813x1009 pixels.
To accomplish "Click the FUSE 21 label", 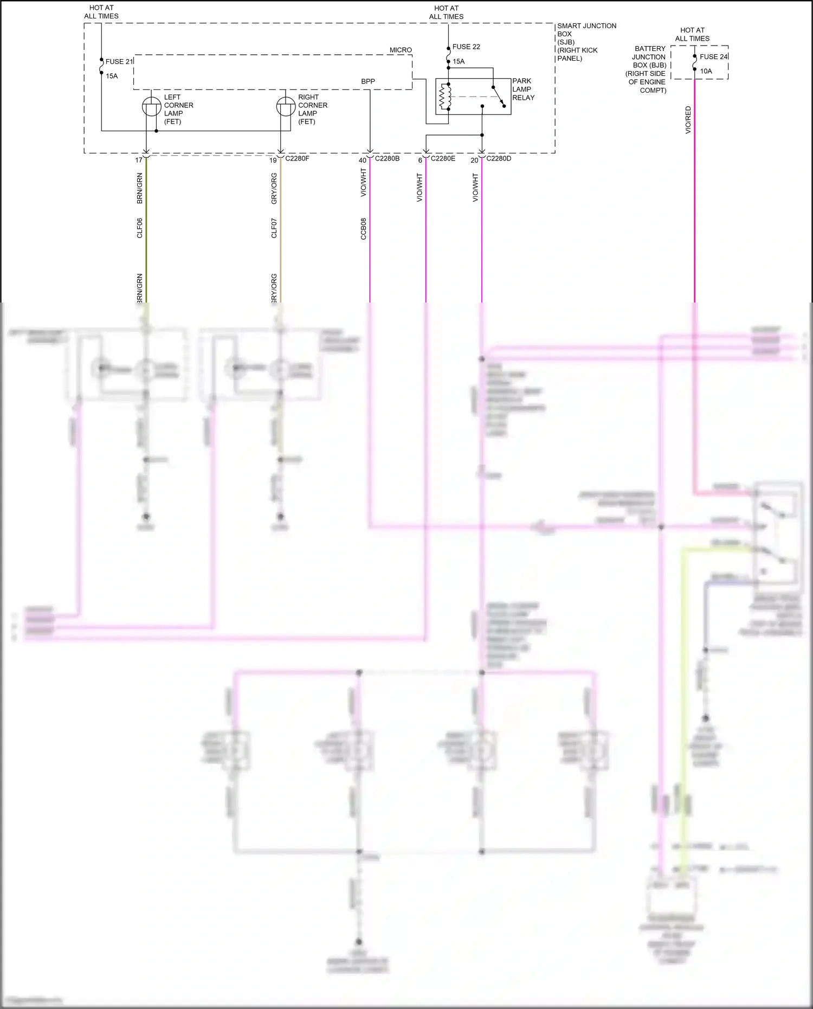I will tap(119, 61).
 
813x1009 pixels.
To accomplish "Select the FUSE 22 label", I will tap(466, 47).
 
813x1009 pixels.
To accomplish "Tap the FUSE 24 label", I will tap(713, 56).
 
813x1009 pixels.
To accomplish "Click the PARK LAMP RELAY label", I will tap(523, 89).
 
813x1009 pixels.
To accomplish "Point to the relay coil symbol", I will tap(445, 97).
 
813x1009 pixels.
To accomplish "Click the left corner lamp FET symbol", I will tap(151, 107).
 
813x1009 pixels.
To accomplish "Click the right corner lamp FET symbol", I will tap(286, 107).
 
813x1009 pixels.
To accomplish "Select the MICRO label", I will tap(401, 50).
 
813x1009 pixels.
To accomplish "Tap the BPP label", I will tap(368, 81).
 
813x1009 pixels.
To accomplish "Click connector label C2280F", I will tap(297, 158).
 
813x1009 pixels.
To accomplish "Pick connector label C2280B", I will tap(387, 158).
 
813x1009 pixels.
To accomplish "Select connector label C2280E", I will tap(443, 158).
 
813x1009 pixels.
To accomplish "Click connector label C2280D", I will tap(499, 158).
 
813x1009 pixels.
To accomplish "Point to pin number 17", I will tap(139, 160).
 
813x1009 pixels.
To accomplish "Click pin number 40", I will tap(363, 160).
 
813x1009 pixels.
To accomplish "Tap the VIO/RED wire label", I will tap(688, 120).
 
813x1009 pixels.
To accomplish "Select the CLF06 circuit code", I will tap(140, 228).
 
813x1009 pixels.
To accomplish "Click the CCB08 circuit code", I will tap(364, 229).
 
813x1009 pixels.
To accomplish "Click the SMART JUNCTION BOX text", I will tap(586, 30).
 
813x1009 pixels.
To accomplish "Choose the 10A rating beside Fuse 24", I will tap(706, 71).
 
